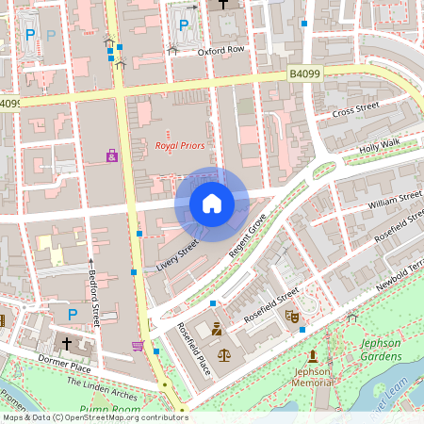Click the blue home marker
[212, 203]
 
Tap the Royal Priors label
[179, 146]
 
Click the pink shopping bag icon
[112, 155]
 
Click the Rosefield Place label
[193, 350]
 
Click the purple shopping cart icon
[139, 346]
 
